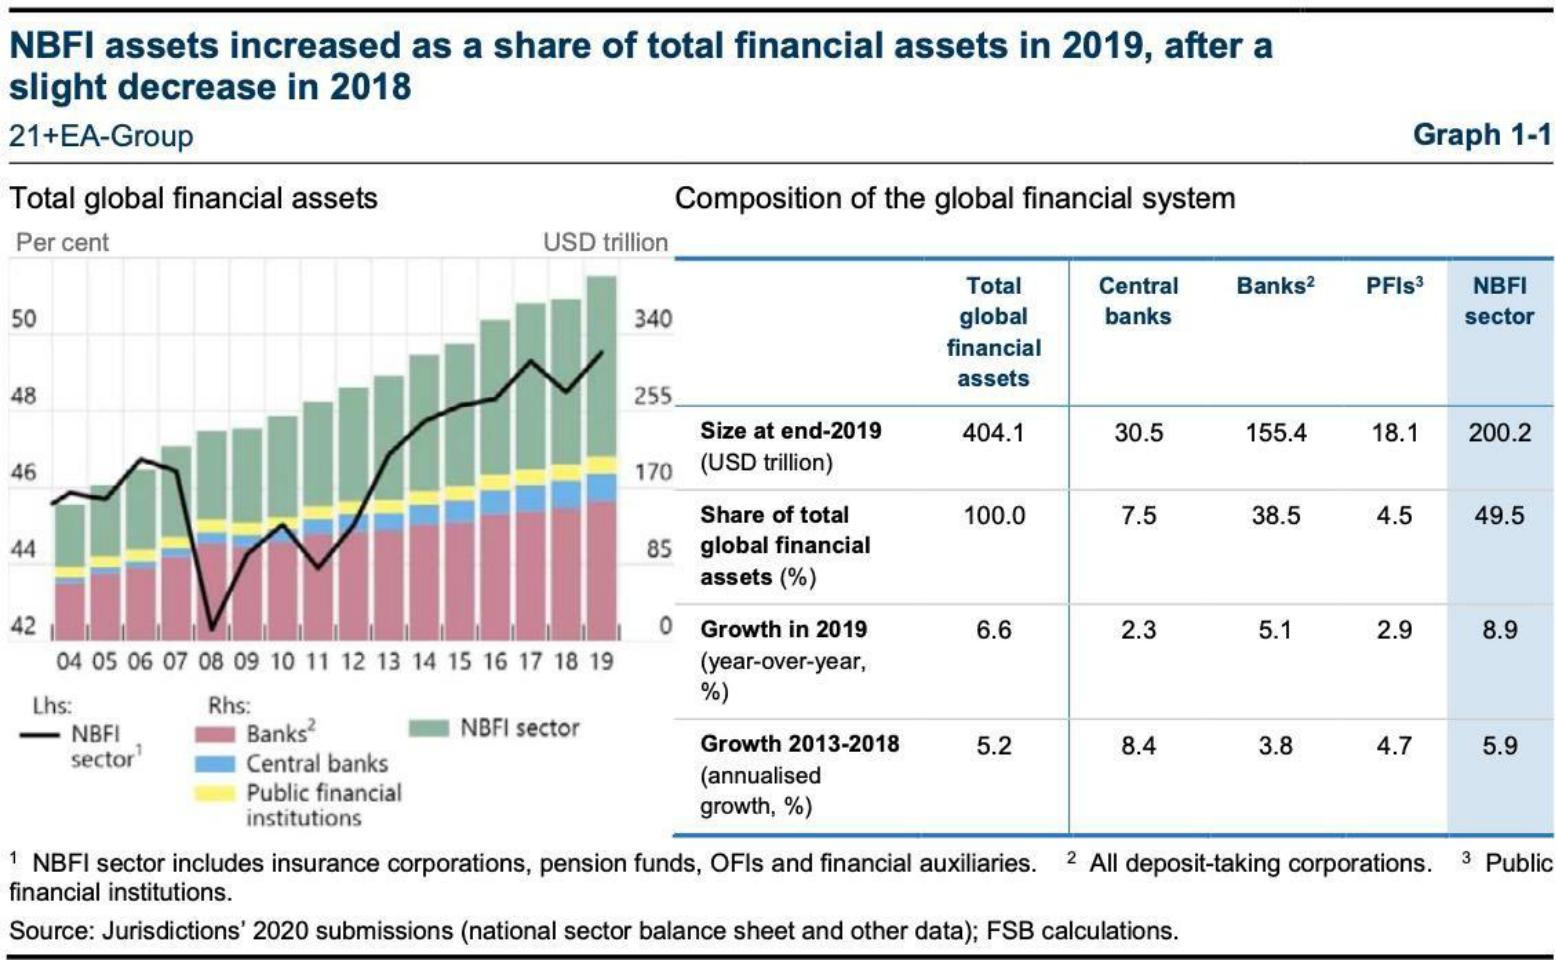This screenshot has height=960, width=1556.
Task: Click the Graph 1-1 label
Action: [x=1481, y=135]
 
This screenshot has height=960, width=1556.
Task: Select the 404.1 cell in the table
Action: [x=993, y=433]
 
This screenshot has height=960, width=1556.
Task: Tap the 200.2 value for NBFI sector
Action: [x=1499, y=433]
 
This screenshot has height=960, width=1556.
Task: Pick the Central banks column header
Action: [x=1138, y=301]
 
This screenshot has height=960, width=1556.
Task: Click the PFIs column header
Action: [x=1394, y=286]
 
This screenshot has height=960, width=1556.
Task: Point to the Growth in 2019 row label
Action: [x=783, y=630]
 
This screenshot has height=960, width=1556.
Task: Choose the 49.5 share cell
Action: [x=1499, y=516]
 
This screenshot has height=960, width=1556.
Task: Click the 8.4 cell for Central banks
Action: [x=1138, y=746]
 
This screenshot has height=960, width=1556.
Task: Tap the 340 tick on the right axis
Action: [x=652, y=319]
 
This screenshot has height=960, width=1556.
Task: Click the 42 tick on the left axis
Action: [x=23, y=626]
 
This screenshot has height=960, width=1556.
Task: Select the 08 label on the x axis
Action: [x=211, y=662]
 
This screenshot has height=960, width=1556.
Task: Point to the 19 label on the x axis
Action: [x=600, y=662]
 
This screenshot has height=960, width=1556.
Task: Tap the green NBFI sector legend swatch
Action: [x=429, y=729]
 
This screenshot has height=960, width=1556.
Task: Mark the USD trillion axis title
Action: [x=605, y=243]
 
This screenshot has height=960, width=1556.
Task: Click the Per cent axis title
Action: [x=62, y=243]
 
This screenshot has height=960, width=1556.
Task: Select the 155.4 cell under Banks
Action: [x=1275, y=433]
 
